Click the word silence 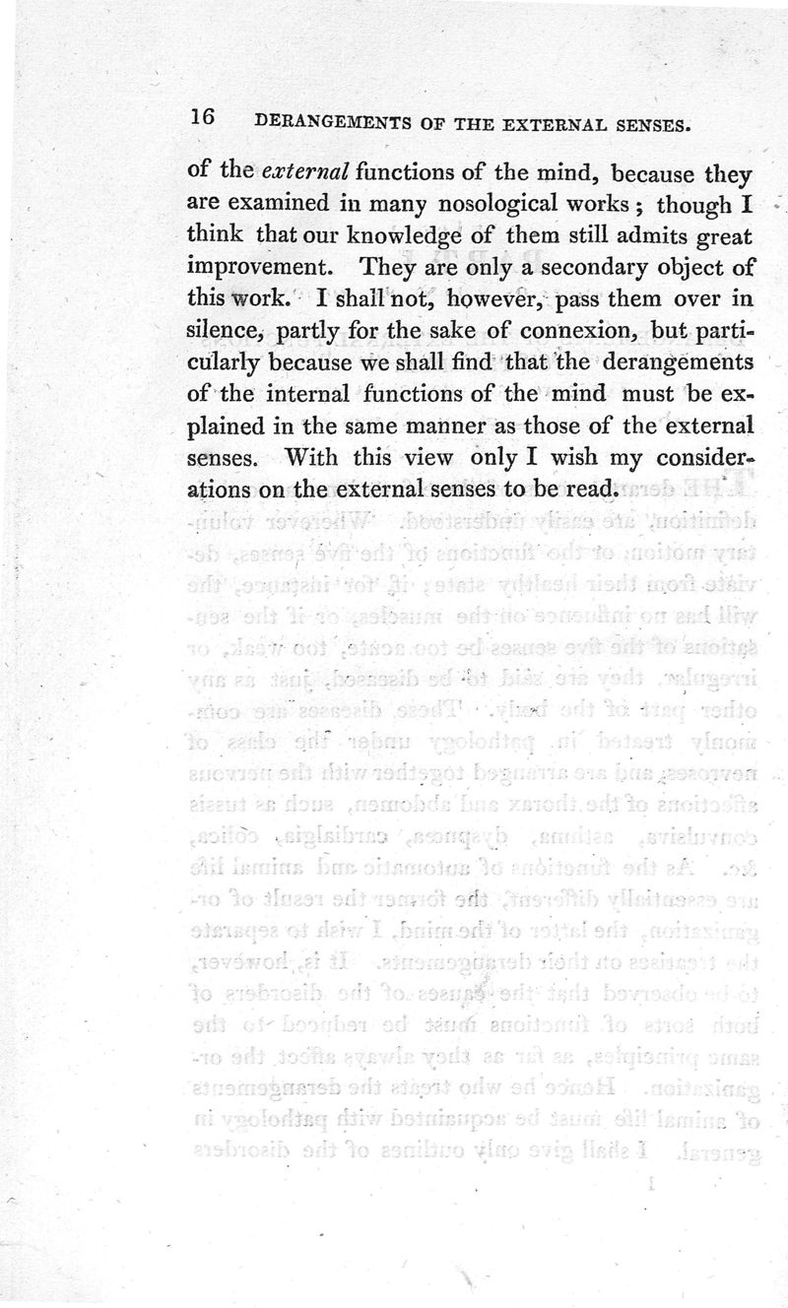(x=222, y=330)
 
